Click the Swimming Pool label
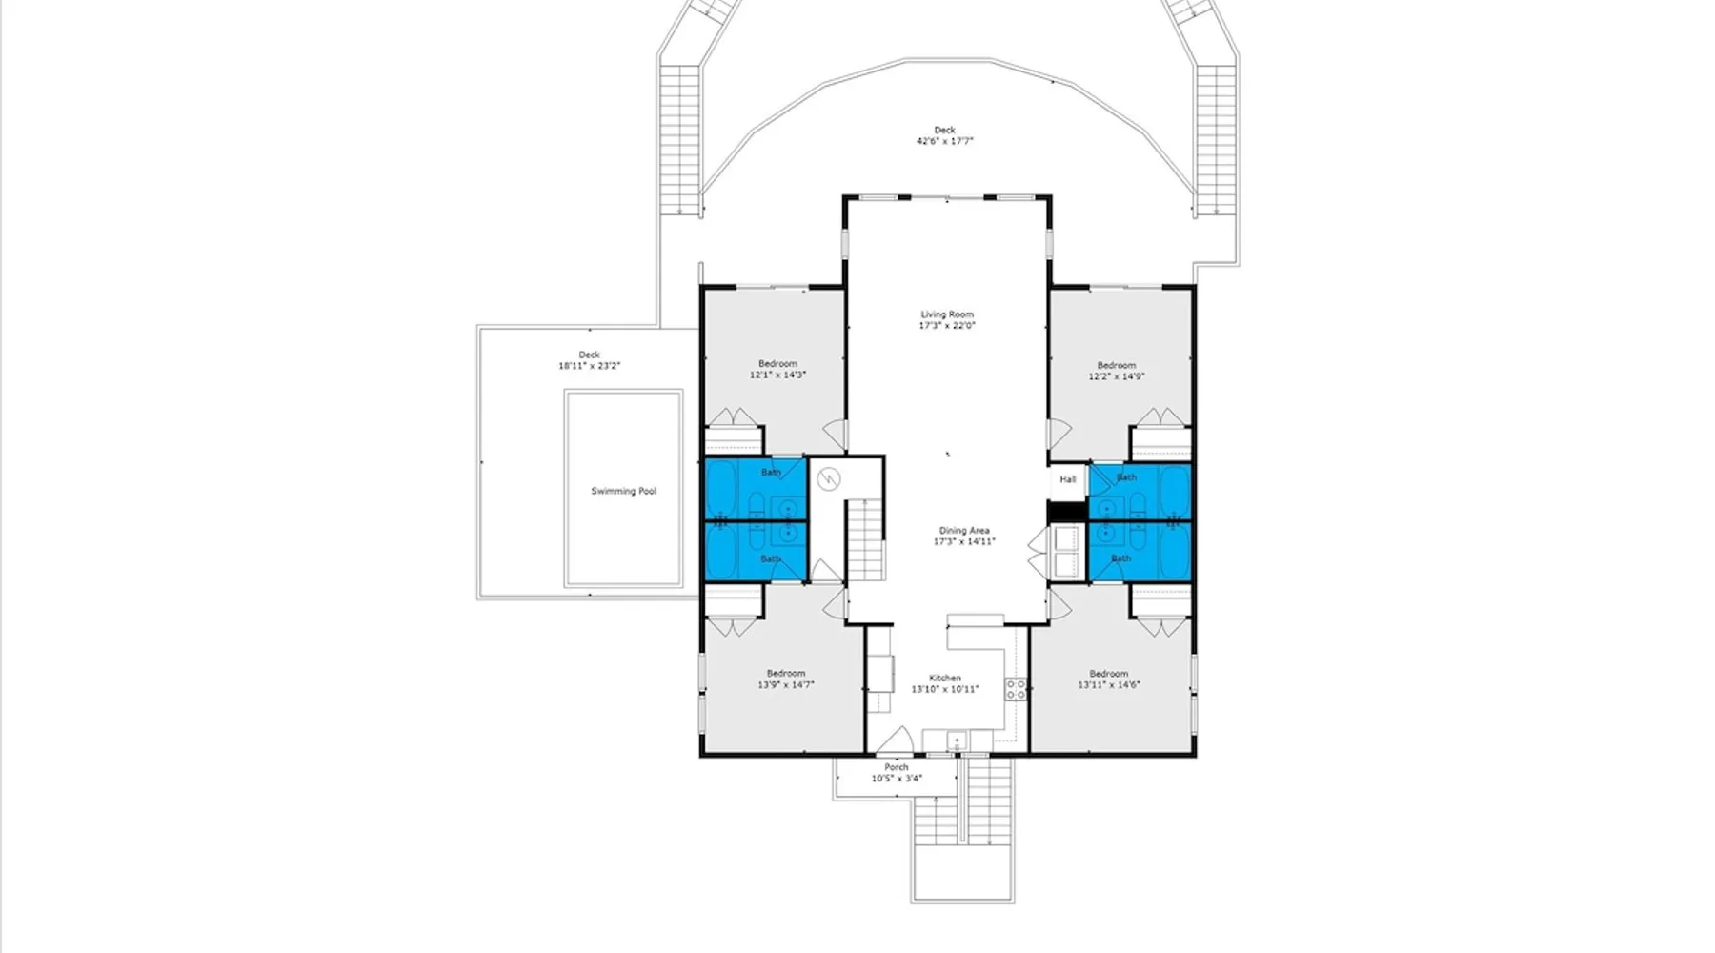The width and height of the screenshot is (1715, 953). pos(623,491)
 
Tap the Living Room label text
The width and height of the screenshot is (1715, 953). pos(947,314)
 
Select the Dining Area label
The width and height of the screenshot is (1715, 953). pos(964,531)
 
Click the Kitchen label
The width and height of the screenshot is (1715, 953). pos(945,679)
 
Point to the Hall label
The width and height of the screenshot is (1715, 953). pos(1068,479)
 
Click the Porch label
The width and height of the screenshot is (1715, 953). pos(897,767)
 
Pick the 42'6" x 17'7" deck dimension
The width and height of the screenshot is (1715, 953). pos(945,141)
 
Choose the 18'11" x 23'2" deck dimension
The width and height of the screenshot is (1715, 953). pos(590,366)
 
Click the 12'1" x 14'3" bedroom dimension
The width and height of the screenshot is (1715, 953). pos(777,375)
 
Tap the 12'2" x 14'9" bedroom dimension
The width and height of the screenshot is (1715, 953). pos(1117,376)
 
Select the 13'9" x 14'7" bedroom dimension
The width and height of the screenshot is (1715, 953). pos(786,685)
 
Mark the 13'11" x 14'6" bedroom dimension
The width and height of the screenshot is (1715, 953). pos(1109,685)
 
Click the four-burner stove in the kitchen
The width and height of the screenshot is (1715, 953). pos(1016,690)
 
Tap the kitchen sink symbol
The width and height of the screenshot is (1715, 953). pos(956,740)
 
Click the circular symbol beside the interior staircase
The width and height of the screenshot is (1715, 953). pos(829,479)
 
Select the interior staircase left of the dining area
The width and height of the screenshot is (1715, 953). pos(866,540)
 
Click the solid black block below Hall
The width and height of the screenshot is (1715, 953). pos(1067,512)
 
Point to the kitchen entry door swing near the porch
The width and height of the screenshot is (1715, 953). pos(896,740)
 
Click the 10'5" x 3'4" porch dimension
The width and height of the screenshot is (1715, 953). pos(897,779)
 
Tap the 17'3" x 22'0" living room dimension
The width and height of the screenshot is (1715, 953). pos(947,326)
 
